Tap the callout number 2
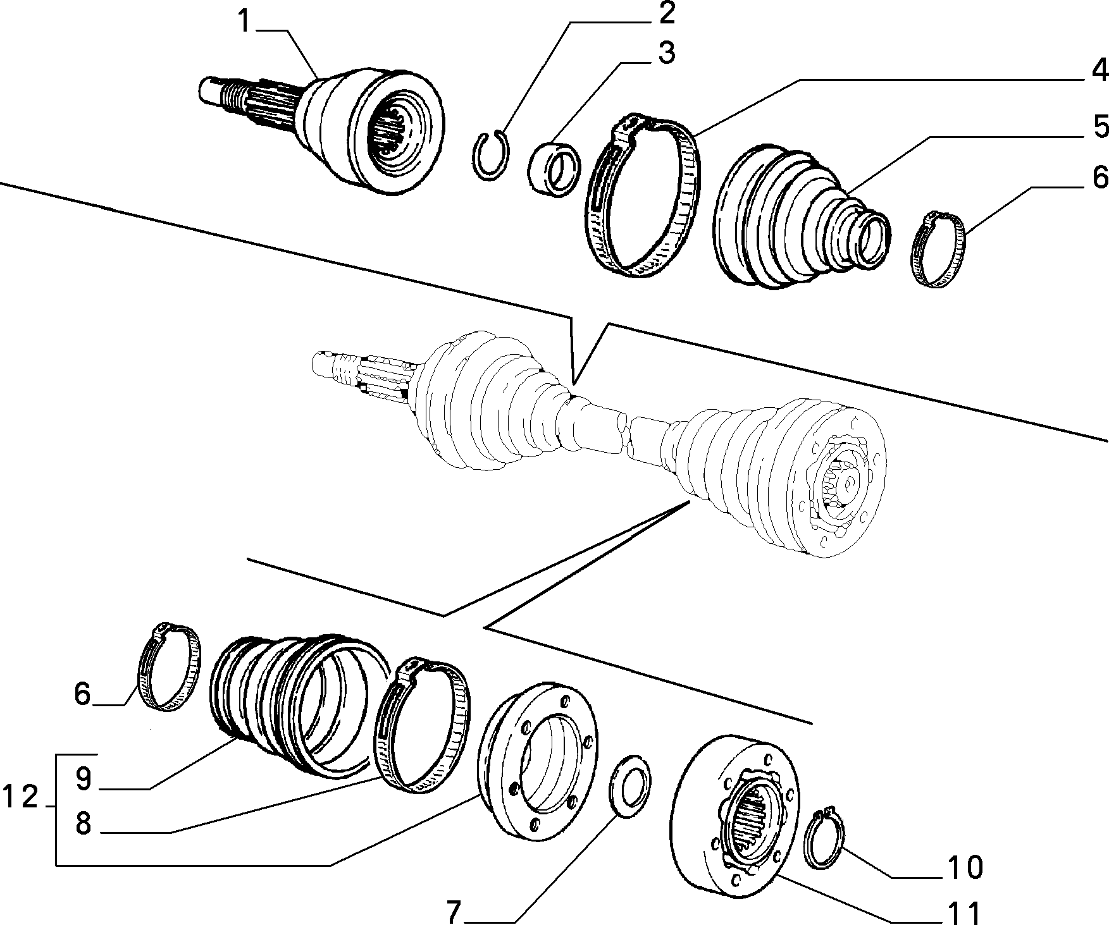[x=665, y=13]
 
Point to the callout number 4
[x=1099, y=70]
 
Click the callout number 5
[x=1099, y=126]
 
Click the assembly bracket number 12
[x=20, y=797]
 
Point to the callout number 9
[x=84, y=779]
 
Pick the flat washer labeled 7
[x=630, y=786]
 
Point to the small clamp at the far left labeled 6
[x=170, y=666]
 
